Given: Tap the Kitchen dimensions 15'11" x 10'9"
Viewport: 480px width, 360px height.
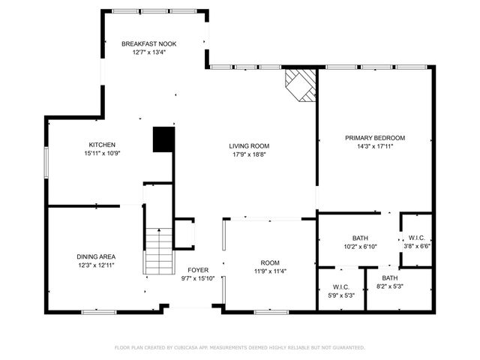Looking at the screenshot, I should coord(103,153).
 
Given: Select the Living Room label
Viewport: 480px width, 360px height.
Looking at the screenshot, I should coord(249,145).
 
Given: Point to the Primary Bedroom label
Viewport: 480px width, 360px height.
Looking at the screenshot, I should coord(374,138).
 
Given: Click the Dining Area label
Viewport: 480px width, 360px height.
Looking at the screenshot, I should coord(96,256).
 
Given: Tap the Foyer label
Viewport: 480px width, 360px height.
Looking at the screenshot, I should coord(198,270).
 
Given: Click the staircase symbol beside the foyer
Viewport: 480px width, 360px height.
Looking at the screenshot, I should coord(158,252).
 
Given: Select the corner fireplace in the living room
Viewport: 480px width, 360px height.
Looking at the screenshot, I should coord(301,84).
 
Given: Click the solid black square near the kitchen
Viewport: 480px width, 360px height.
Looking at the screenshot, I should coord(163,139).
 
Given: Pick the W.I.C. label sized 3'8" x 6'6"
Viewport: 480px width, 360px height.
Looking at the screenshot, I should coord(417,238).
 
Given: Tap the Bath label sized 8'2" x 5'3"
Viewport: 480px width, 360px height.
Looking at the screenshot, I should coord(389,278).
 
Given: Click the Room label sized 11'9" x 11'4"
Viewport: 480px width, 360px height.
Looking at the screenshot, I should coord(269,263).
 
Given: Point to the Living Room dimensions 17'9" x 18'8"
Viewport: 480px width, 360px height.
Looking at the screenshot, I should coord(249,154).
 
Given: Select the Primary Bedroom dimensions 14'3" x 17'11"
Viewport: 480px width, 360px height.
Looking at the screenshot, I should coord(374,146).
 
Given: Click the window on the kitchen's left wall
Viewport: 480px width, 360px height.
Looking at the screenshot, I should coord(46,160).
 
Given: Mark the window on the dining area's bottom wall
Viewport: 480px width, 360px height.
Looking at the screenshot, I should coord(98,310).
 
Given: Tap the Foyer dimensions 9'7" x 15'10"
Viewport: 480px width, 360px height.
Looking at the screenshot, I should coord(198,278).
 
